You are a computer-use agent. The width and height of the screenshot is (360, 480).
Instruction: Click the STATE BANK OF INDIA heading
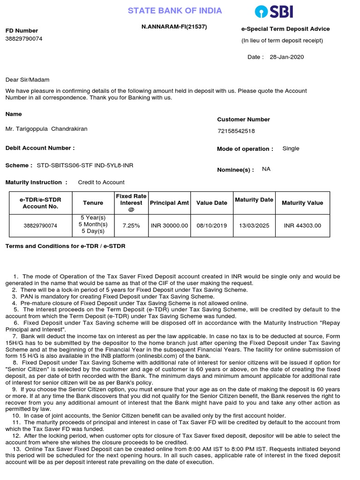click(x=175, y=11)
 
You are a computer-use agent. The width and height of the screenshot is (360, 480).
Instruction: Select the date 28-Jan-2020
click(x=287, y=57)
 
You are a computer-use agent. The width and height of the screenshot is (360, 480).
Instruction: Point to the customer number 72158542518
click(x=236, y=131)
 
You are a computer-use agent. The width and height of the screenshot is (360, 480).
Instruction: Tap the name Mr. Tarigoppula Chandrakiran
click(x=46, y=129)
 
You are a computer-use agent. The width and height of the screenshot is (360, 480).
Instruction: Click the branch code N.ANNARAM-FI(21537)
click(x=174, y=27)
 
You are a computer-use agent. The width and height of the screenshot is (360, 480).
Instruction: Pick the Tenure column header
click(x=93, y=203)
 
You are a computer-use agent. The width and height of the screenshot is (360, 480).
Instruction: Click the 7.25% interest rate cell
click(x=131, y=225)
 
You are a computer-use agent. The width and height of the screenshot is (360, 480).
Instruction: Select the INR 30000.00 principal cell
click(x=169, y=225)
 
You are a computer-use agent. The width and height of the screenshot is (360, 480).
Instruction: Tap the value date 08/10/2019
click(x=212, y=225)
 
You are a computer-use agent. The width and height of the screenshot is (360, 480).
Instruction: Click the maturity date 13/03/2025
click(x=254, y=225)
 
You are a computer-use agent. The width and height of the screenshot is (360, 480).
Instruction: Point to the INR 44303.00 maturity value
click(x=302, y=225)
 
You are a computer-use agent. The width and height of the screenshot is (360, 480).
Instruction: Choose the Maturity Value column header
click(x=302, y=203)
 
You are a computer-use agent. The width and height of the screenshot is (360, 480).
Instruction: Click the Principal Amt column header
click(x=169, y=203)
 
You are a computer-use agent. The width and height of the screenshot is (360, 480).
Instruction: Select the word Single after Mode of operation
click(x=291, y=149)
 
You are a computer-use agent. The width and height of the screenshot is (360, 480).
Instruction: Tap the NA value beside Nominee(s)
click(x=266, y=169)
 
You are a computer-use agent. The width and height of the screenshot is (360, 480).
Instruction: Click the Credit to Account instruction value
click(x=101, y=182)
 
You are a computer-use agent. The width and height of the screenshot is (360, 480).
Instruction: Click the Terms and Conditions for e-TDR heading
click(x=65, y=246)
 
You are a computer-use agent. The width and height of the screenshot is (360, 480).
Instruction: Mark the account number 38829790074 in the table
click(x=40, y=225)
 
